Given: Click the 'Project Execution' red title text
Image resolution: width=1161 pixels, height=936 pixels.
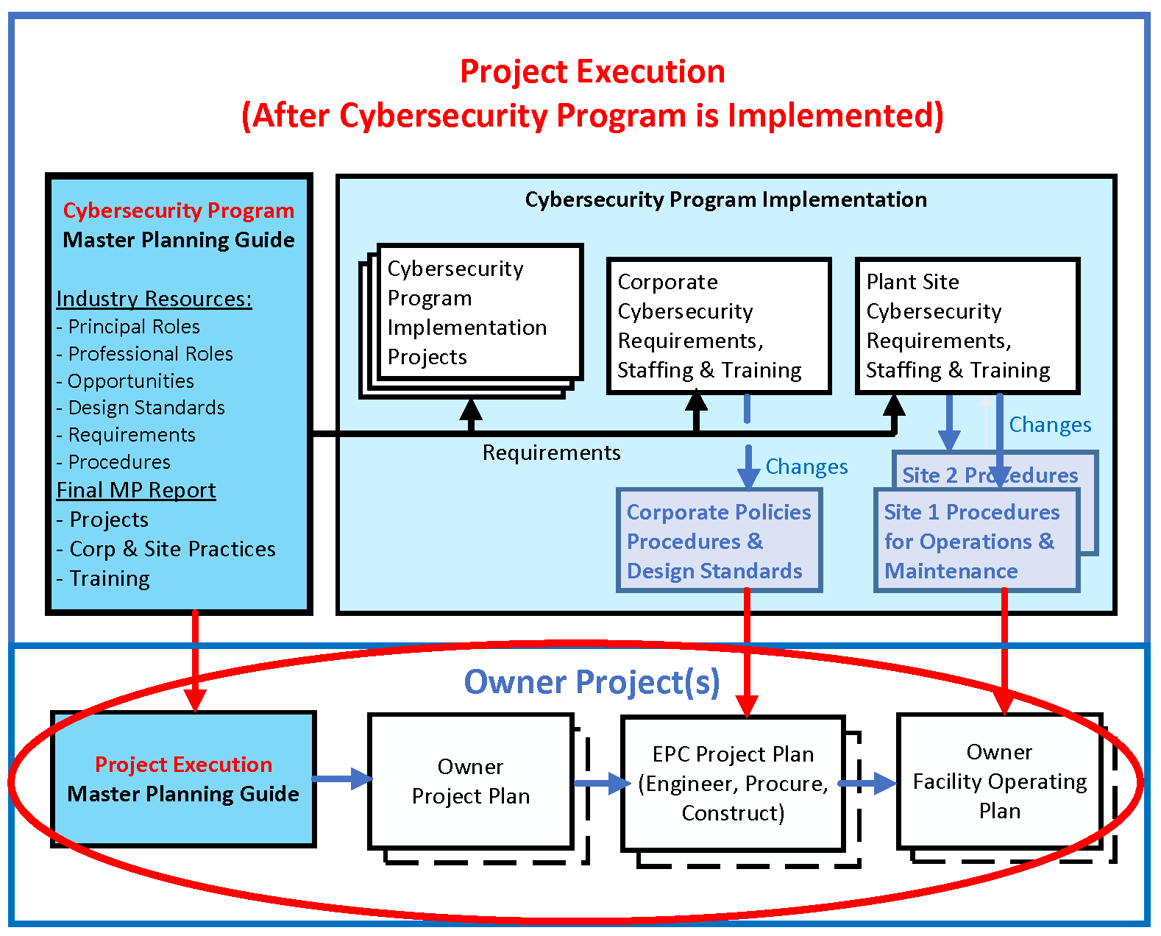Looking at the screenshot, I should [592, 72].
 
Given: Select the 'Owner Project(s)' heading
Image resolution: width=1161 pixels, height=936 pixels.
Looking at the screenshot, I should [592, 682].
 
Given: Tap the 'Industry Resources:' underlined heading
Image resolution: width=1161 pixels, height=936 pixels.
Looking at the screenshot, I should [154, 299].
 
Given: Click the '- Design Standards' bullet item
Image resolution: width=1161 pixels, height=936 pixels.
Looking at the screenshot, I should [141, 408].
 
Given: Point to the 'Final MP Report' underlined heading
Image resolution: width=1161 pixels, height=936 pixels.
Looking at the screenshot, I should [136, 490].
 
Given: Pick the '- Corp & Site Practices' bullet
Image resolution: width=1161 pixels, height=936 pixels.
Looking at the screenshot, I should [166, 549].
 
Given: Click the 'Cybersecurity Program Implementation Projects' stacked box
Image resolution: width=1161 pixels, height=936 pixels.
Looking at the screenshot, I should [478, 312].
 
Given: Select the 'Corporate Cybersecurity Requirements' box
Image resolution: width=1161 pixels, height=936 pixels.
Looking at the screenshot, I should [718, 325].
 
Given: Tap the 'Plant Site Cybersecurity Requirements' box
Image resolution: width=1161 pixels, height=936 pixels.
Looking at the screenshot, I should [967, 325].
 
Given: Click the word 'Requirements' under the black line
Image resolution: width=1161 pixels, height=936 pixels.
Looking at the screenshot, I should [551, 453].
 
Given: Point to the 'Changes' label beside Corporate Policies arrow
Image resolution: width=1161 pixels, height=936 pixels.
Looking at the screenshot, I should [806, 467].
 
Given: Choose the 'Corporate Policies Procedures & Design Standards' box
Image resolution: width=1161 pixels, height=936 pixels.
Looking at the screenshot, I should [718, 542].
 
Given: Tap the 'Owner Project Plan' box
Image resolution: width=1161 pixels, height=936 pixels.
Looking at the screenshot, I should [471, 781].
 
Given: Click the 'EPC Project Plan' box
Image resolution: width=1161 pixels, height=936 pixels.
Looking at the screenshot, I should [733, 783].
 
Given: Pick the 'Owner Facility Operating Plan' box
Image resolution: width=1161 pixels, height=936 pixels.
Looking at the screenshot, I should [999, 781].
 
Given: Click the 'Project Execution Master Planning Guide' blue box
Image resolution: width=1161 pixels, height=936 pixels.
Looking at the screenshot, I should [183, 779].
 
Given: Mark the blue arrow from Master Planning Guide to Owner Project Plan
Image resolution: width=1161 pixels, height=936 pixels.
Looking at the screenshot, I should [342, 779].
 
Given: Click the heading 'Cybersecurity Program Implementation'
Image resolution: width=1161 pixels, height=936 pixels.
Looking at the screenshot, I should [725, 199].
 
